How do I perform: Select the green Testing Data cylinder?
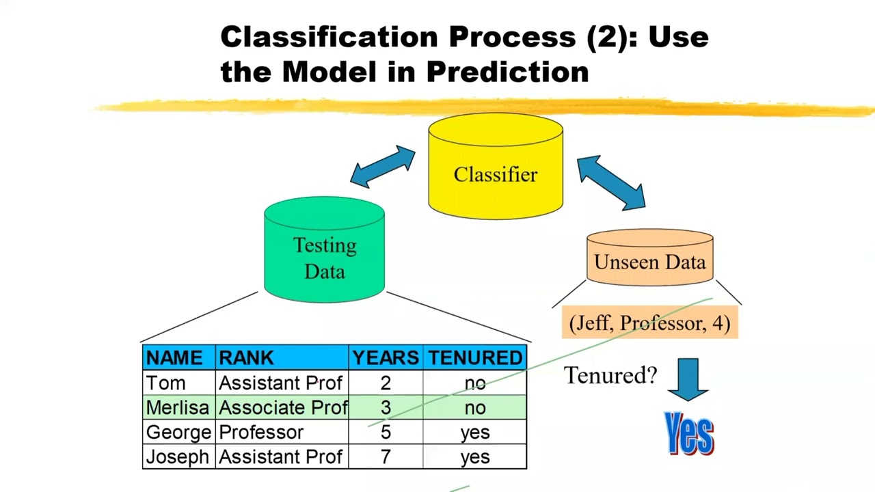pyautogui.click(x=324, y=253)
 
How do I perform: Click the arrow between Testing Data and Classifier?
pyautogui.click(x=383, y=167)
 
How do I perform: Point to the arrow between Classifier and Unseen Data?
pyautogui.click(x=610, y=181)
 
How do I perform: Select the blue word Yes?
pyautogui.click(x=689, y=433)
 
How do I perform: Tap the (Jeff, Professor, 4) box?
pyautogui.click(x=649, y=323)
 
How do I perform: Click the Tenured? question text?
pyautogui.click(x=610, y=375)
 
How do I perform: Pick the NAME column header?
pyautogui.click(x=174, y=358)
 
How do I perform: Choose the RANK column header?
pyautogui.click(x=246, y=358)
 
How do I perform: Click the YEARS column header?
pyautogui.click(x=386, y=358)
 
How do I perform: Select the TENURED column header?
pyautogui.click(x=475, y=358)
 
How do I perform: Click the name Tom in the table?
pyautogui.click(x=165, y=383)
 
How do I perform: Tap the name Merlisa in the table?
pyautogui.click(x=177, y=408)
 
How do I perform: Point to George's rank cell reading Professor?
pyautogui.click(x=260, y=433)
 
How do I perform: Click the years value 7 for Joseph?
pyautogui.click(x=386, y=457)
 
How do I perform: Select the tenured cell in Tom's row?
pyautogui.click(x=475, y=383)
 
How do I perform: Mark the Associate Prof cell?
pyautogui.click(x=283, y=408)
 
